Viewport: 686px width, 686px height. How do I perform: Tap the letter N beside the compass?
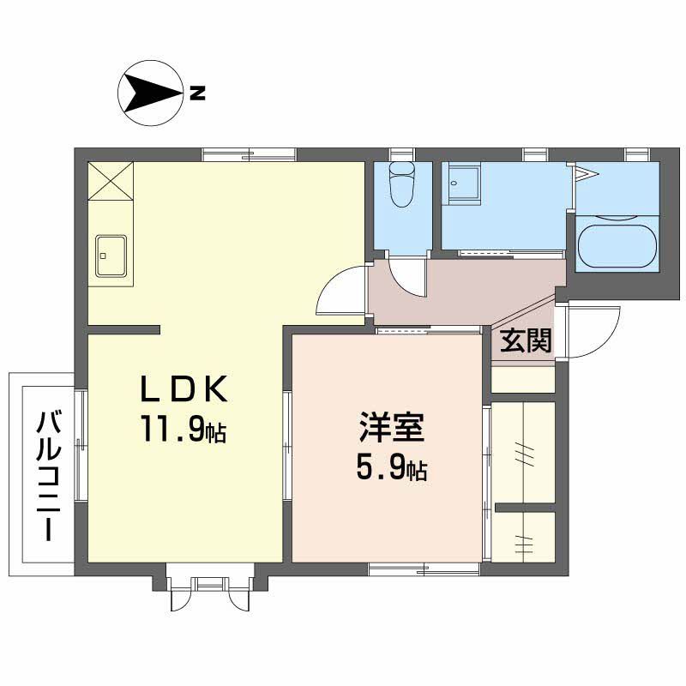(x=197, y=93)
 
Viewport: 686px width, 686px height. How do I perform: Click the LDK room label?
(x=184, y=391)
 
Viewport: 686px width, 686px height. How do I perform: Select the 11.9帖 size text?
(x=184, y=430)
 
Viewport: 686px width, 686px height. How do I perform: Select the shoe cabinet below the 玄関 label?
(x=523, y=378)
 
